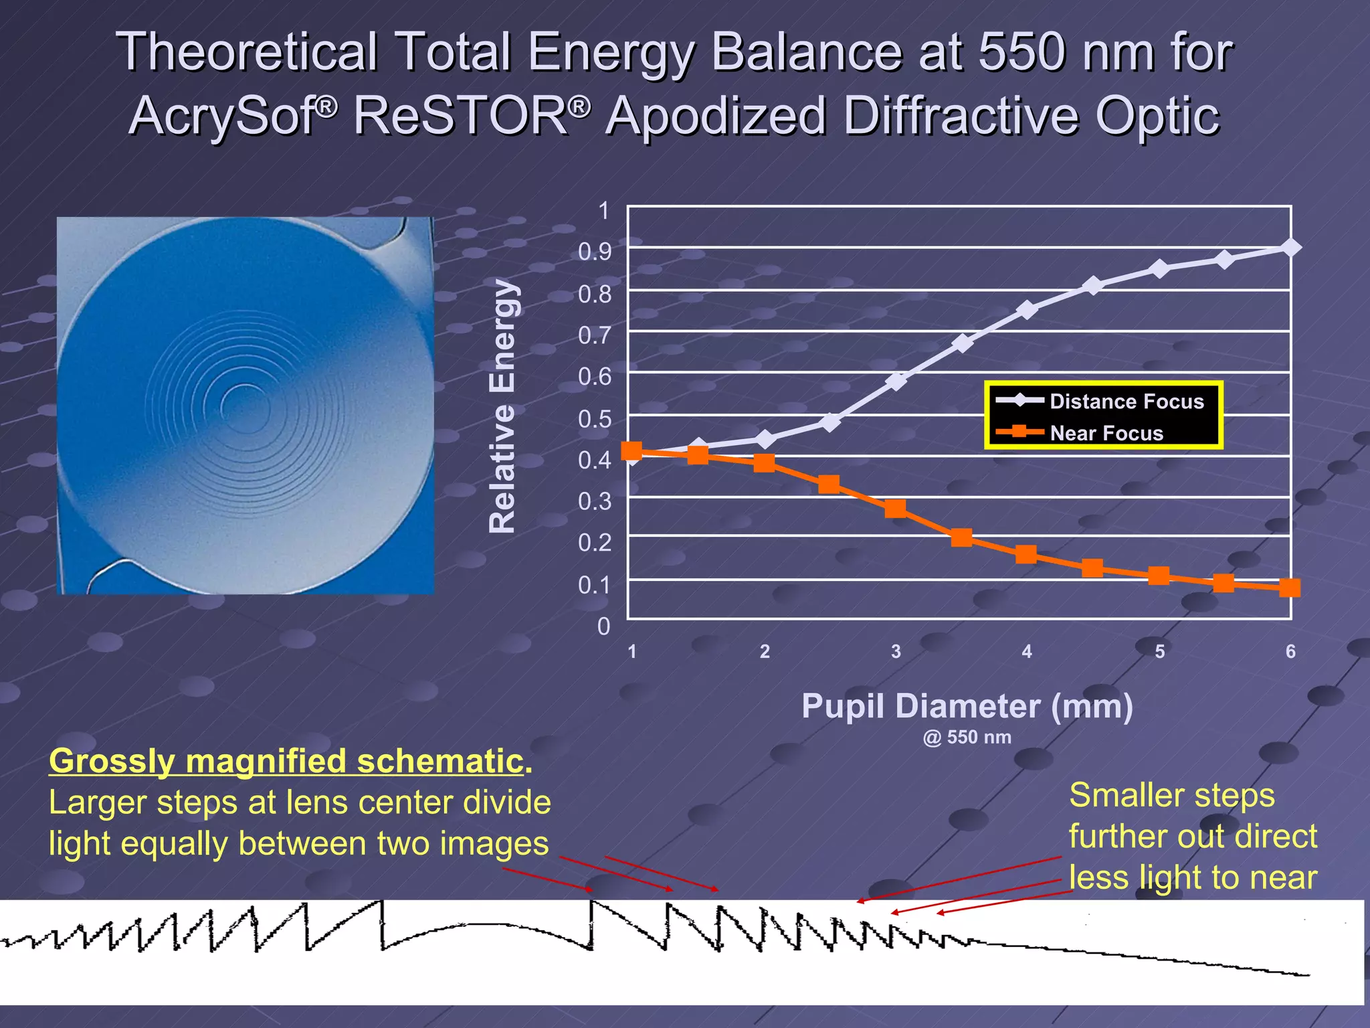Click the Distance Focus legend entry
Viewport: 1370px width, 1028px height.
[1126, 401]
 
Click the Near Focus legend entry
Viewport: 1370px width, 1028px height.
[1106, 433]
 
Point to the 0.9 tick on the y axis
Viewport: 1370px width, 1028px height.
[595, 252]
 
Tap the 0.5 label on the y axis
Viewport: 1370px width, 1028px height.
[595, 419]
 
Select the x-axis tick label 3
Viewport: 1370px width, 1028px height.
[896, 651]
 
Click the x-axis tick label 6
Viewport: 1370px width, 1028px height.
[1290, 651]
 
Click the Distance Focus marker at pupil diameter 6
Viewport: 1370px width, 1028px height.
[1290, 248]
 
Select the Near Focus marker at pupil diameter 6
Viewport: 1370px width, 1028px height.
[1290, 588]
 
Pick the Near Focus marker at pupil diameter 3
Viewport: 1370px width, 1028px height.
[896, 509]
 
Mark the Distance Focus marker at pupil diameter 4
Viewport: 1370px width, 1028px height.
[1027, 310]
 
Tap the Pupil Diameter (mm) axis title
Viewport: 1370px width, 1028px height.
[967, 706]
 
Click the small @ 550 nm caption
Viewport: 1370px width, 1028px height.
[967, 738]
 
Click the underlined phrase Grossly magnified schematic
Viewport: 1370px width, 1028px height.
[286, 761]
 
